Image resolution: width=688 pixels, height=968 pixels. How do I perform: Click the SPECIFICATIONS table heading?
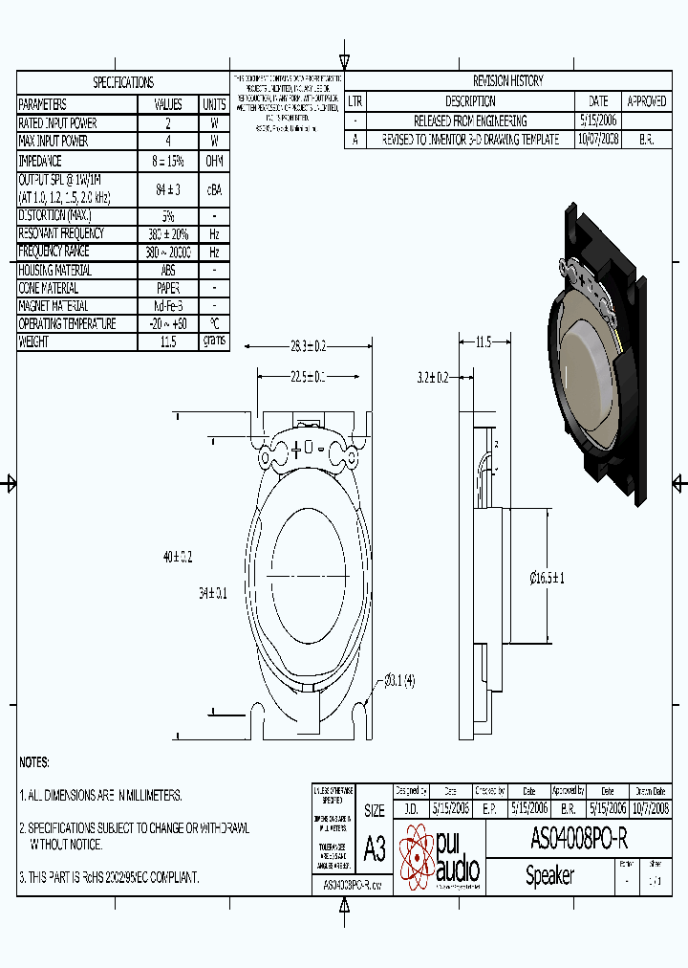pyautogui.click(x=122, y=83)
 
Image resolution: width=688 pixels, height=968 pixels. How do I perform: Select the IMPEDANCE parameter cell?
pyautogui.click(x=40, y=161)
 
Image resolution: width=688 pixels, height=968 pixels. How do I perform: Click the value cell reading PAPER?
pyautogui.click(x=168, y=288)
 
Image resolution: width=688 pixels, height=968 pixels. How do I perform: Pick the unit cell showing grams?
pyautogui.click(x=214, y=341)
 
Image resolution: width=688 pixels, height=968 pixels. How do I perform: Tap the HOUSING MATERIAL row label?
pyautogui.click(x=55, y=270)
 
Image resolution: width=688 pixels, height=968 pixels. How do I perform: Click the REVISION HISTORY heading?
pyautogui.click(x=507, y=81)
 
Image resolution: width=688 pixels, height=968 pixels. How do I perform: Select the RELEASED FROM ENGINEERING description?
pyautogui.click(x=469, y=121)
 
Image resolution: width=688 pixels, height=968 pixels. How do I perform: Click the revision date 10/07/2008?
pyautogui.click(x=598, y=139)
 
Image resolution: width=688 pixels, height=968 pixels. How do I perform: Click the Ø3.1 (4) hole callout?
pyautogui.click(x=398, y=681)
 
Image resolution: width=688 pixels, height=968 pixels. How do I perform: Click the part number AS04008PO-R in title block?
pyautogui.click(x=578, y=839)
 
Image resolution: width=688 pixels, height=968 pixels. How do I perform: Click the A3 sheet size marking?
pyautogui.click(x=375, y=848)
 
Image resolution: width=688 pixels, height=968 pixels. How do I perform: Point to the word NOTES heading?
pyautogui.click(x=34, y=762)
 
